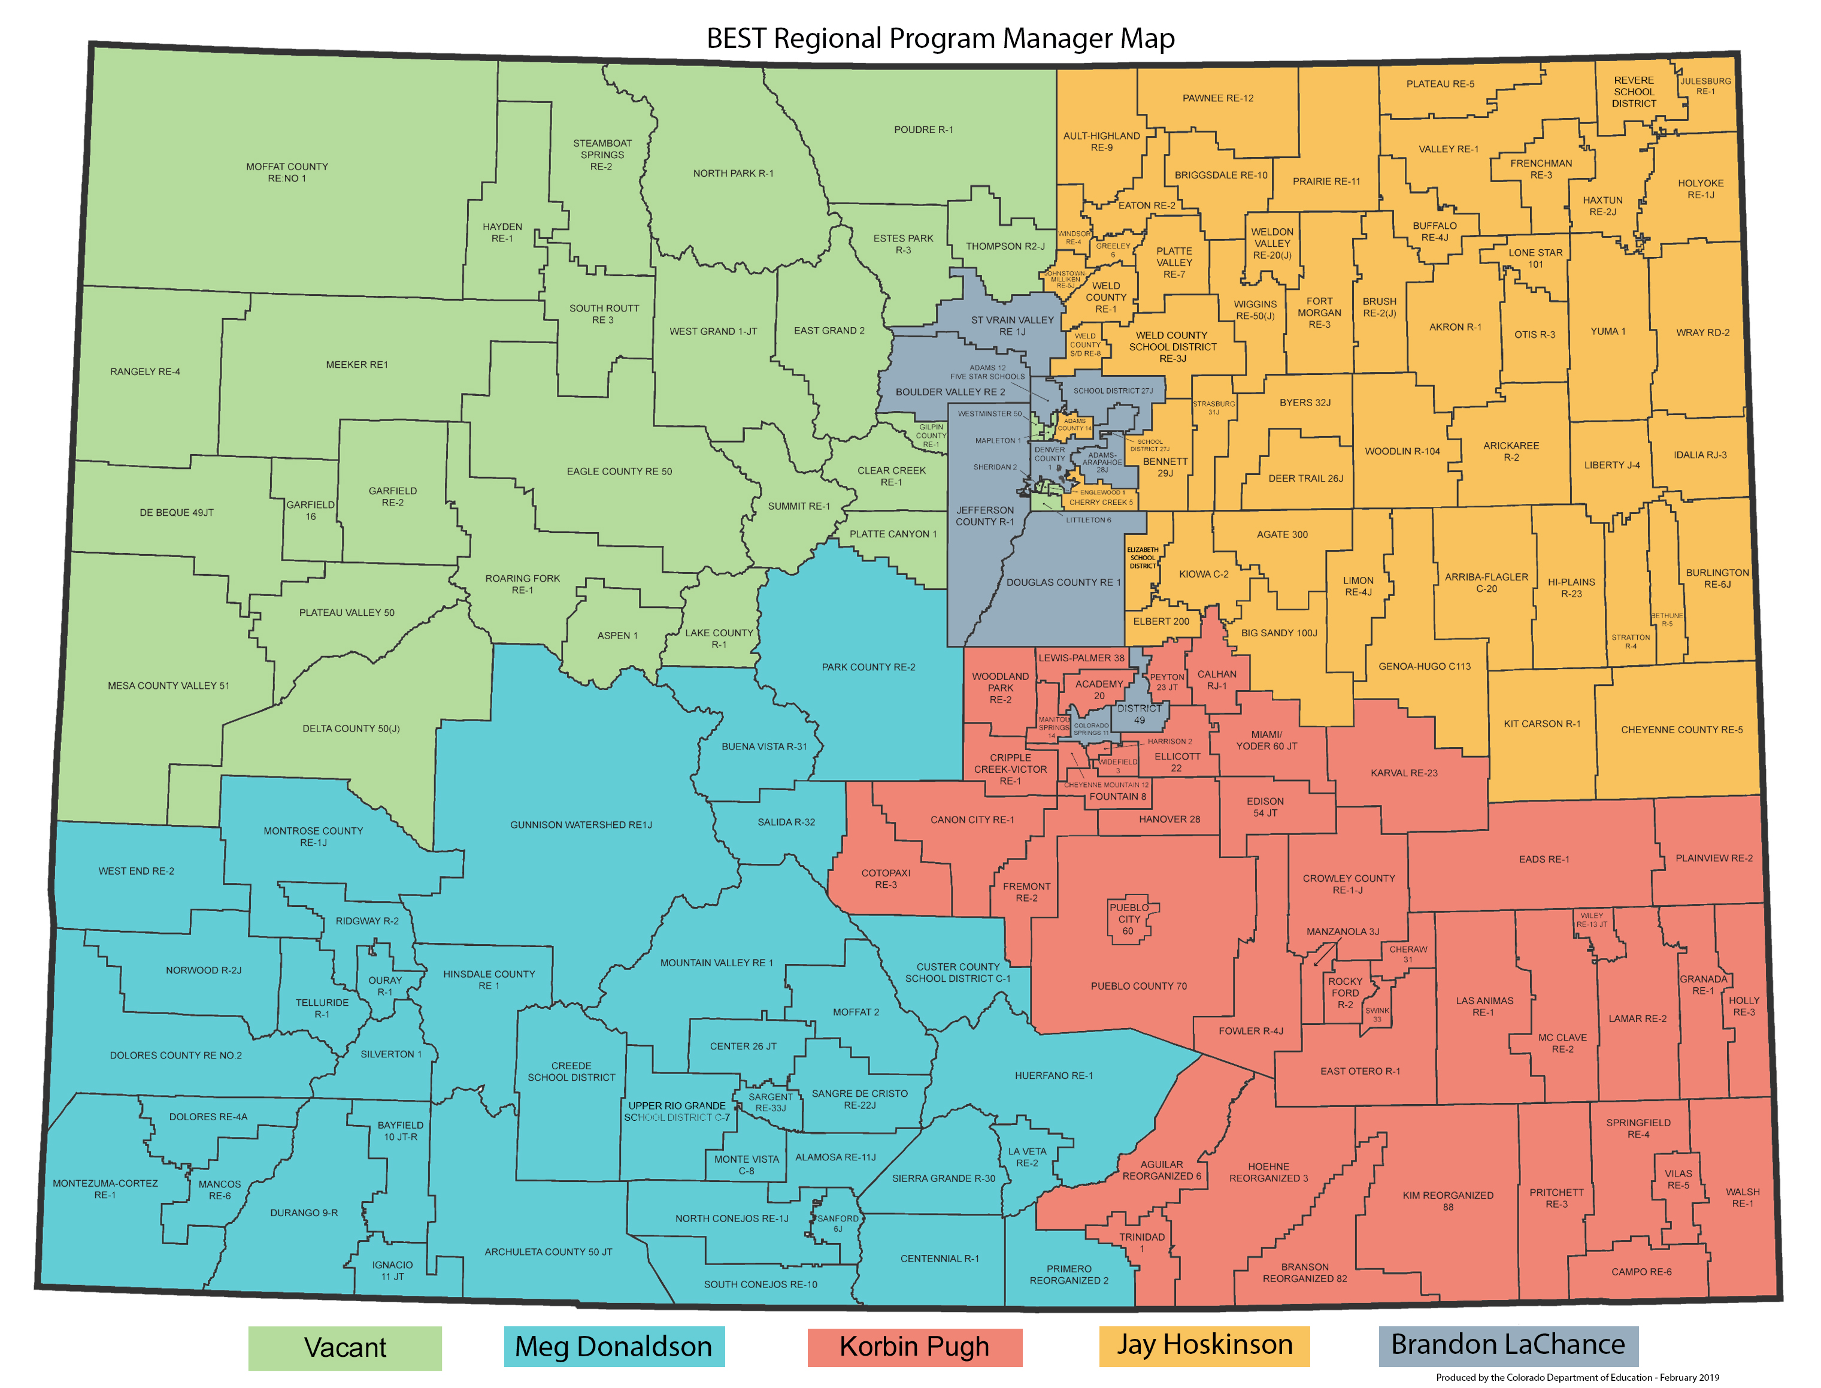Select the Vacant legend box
coord(344,1347)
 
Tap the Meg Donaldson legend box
coord(614,1347)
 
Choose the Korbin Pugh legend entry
coord(914,1347)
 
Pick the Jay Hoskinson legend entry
coord(1204,1345)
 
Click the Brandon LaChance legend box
coord(1508,1345)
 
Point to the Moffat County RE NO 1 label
coord(287,172)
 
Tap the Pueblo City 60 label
coord(1129,919)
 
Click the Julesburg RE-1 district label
coord(1705,86)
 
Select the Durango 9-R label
coord(304,1213)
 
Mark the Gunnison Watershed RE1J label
coord(581,824)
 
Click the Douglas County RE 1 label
coord(1063,582)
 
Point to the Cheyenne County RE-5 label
coord(1681,730)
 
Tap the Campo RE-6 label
coord(1641,1272)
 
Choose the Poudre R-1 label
coord(923,130)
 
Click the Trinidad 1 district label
coord(1142,1242)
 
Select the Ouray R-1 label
coord(385,985)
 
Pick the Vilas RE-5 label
coord(1678,1179)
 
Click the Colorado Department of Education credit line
coord(1577,1377)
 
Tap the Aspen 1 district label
coord(618,636)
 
